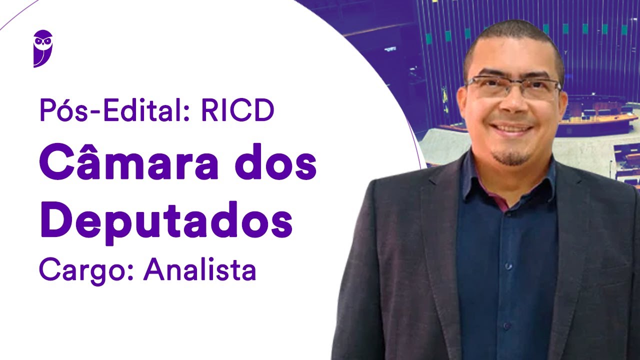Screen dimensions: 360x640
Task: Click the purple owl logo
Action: pyautogui.click(x=43, y=48)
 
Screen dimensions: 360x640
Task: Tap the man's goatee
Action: pyautogui.click(x=511, y=157)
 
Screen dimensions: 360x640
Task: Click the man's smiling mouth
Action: pyautogui.click(x=511, y=128)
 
